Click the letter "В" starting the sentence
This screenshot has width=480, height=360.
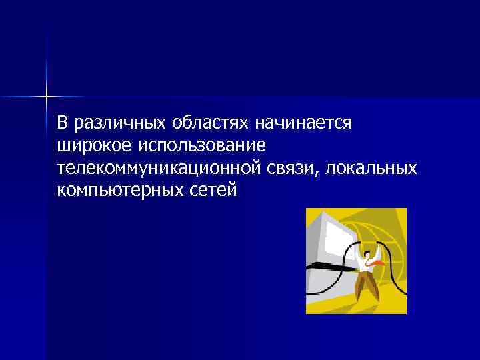(x=63, y=124)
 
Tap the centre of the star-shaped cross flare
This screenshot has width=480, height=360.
(x=47, y=97)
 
